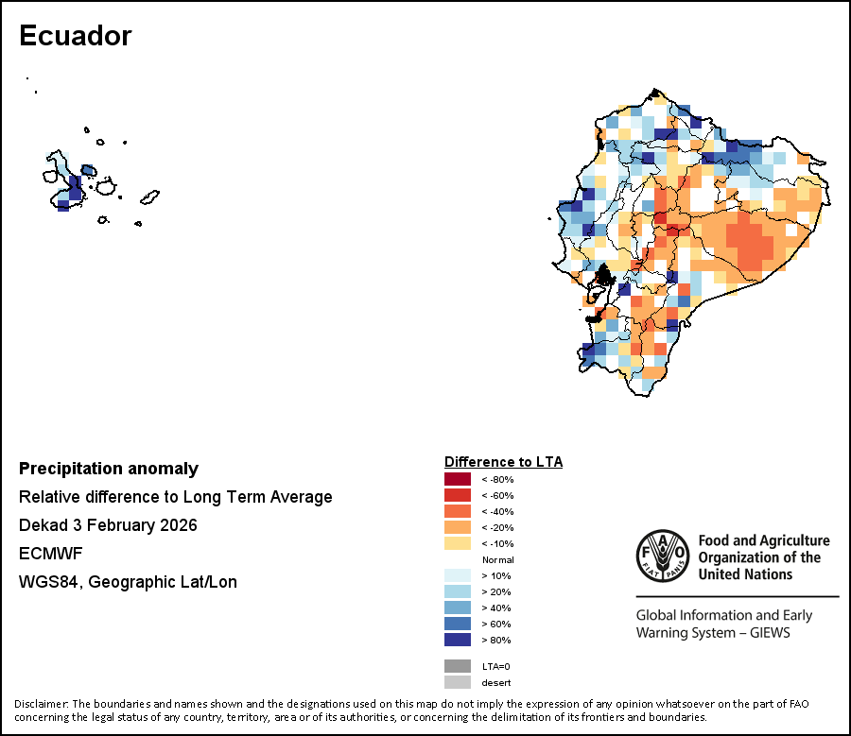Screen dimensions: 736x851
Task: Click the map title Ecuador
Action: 76,36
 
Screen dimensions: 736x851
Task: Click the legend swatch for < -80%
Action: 457,479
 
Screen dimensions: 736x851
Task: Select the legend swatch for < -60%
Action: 457,495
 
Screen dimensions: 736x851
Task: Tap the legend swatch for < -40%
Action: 457,511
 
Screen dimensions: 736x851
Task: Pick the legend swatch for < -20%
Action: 457,527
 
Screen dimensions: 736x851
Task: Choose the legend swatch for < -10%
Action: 457,543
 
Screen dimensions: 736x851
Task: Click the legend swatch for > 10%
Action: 457,575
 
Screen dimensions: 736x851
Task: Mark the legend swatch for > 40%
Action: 457,608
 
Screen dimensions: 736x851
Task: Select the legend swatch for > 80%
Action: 457,640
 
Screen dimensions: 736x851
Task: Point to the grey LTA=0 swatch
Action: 457,666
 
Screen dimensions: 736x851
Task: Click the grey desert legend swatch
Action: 457,682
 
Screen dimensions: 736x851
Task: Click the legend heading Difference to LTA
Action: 503,462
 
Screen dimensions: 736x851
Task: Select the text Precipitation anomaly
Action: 109,469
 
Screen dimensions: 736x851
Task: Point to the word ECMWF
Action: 44,554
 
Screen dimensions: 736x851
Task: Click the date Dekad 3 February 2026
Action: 108,525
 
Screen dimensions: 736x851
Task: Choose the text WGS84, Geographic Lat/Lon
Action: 128,582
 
